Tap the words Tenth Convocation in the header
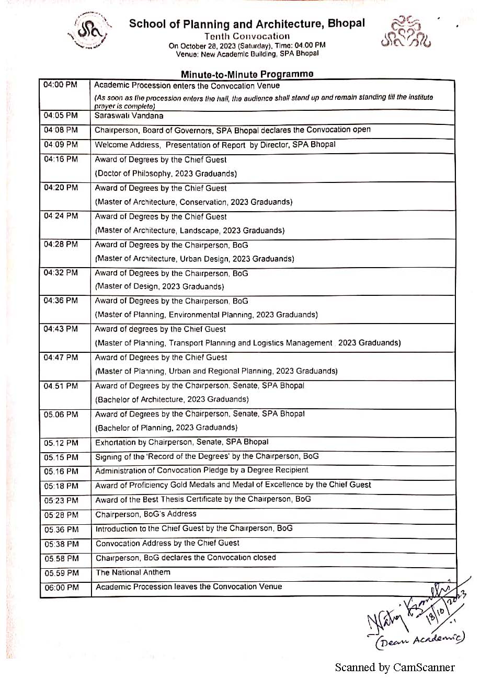coord(247,36)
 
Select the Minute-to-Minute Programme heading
coord(247,74)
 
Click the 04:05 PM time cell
coord(61,116)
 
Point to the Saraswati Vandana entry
coord(129,116)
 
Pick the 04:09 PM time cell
coord(61,144)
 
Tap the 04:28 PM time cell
coord(61,245)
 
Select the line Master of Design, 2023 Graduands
coord(159,286)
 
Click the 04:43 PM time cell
coord(61,329)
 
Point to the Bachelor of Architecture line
coord(172,399)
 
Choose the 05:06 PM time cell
coord(61,415)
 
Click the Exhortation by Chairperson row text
coord(181,442)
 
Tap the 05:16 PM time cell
coord(61,471)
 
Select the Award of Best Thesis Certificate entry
coord(203,500)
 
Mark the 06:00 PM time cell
coord(61,588)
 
